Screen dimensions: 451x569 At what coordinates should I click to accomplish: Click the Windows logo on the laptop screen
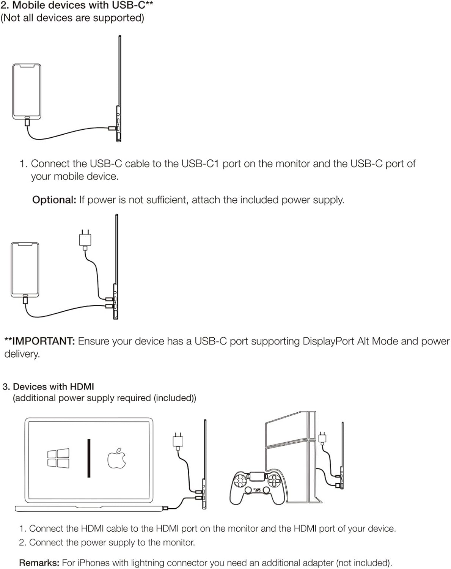tap(58, 458)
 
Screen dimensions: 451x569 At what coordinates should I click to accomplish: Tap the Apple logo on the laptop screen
tap(116, 458)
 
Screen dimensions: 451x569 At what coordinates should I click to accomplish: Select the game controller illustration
tap(257, 487)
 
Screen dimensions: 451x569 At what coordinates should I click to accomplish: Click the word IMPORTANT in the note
tap(43, 341)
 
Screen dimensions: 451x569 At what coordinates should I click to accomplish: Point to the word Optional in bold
tap(54, 200)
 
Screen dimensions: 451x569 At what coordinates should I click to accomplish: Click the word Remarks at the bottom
tap(39, 563)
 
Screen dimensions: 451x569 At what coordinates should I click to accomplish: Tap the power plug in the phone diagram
tap(85, 240)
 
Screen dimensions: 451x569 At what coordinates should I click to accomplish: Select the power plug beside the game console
tap(322, 437)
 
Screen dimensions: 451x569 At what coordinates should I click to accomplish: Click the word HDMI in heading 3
tap(82, 387)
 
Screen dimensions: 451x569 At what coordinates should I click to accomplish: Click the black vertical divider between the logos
tap(89, 458)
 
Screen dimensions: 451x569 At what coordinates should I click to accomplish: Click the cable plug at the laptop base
tap(165, 508)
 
